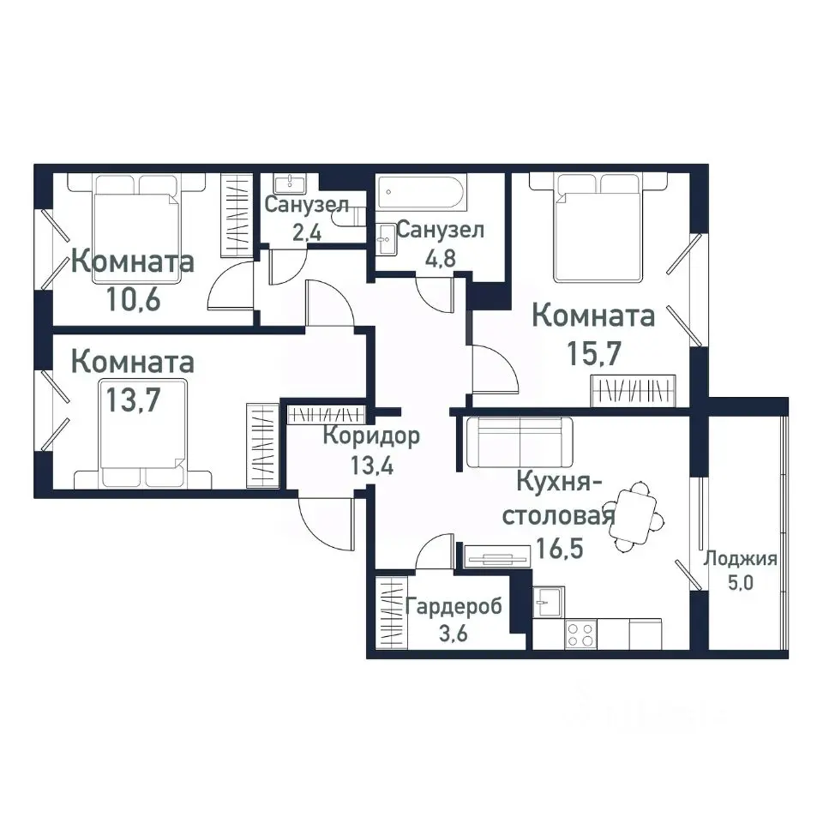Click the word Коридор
[x=371, y=436]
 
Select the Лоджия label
[x=740, y=560]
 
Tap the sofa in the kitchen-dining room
[x=520, y=442]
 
